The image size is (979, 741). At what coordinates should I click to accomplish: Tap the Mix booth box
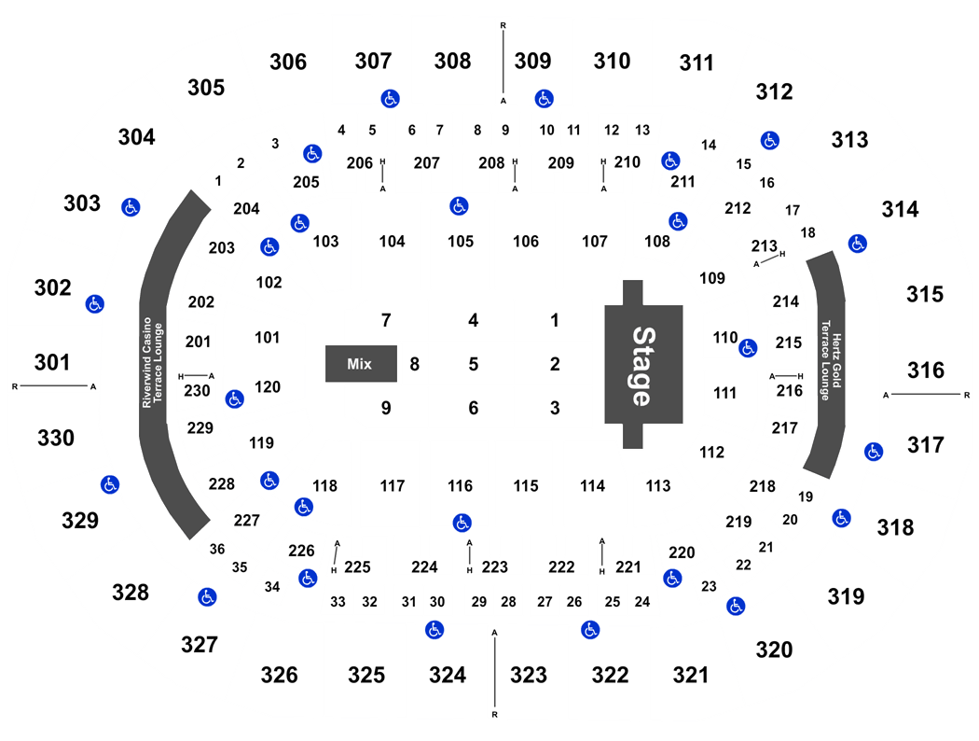click(x=361, y=364)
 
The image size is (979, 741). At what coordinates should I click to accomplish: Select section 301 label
click(x=52, y=362)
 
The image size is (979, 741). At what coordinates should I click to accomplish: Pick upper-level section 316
click(x=926, y=370)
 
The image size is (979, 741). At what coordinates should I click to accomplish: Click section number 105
click(x=461, y=241)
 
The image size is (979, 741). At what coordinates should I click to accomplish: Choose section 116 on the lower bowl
click(x=461, y=485)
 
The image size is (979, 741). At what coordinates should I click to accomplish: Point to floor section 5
click(x=474, y=364)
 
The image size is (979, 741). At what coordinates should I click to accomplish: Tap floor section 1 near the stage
click(x=555, y=320)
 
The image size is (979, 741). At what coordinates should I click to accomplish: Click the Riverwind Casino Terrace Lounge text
click(x=152, y=362)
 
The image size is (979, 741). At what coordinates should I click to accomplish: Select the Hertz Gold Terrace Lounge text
click(x=831, y=360)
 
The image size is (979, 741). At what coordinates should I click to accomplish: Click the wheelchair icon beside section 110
click(x=748, y=348)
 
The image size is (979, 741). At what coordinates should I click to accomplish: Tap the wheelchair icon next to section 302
click(x=95, y=304)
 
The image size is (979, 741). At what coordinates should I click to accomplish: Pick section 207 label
click(x=427, y=163)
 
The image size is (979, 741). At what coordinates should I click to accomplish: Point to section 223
click(x=494, y=566)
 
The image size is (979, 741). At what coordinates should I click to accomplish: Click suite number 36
click(x=217, y=549)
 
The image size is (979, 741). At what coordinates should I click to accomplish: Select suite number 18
click(x=808, y=232)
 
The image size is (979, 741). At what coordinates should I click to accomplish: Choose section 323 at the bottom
click(x=529, y=675)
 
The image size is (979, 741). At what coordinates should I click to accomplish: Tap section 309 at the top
click(x=532, y=61)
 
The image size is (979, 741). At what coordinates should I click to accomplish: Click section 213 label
click(x=765, y=245)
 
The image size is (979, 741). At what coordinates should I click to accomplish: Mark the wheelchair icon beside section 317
click(x=874, y=452)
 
